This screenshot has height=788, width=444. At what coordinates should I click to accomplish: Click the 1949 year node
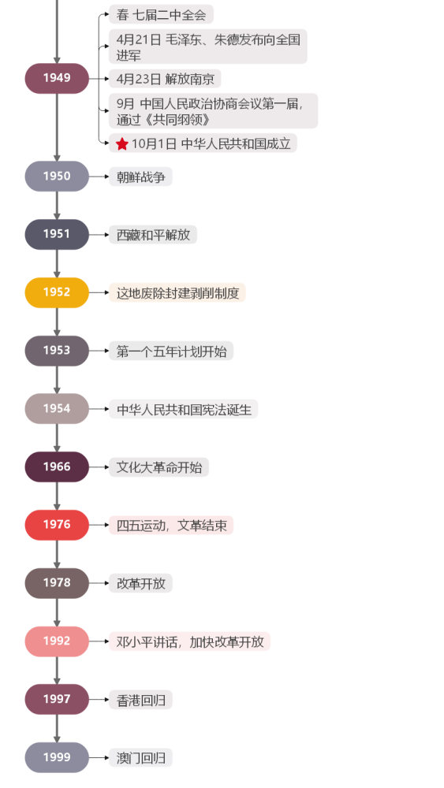coord(57,78)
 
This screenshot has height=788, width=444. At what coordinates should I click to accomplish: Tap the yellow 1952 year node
coord(57,292)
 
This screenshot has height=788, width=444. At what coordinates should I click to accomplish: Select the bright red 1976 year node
coord(57,525)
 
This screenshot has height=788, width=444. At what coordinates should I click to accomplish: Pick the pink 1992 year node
coord(57,641)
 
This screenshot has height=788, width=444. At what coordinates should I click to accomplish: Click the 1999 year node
coord(57,757)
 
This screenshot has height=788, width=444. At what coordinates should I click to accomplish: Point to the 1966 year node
coord(57,466)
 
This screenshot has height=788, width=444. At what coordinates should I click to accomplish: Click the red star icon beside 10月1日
coord(122,143)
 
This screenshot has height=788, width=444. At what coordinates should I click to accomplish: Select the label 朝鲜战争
coord(140,177)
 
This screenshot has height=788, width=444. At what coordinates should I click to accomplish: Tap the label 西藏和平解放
coord(153,235)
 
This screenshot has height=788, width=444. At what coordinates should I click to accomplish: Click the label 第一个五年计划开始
coord(171,351)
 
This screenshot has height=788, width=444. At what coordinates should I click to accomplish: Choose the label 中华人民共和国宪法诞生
coord(183,410)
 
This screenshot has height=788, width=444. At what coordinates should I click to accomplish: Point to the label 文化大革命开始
coord(159,467)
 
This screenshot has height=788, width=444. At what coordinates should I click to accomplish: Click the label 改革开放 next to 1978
coord(140,584)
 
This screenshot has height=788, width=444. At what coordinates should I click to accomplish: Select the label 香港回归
coord(140,700)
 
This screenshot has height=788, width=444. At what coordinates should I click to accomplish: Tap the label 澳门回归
coord(140,758)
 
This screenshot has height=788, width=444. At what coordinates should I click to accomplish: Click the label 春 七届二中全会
coord(161,14)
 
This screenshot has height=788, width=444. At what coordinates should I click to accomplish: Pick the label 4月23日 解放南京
coord(165,79)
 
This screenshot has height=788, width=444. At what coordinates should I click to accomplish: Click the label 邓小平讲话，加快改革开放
coord(189,641)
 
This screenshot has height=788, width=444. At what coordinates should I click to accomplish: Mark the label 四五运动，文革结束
coord(171,526)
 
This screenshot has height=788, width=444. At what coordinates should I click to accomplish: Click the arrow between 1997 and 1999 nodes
coord(57,729)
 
